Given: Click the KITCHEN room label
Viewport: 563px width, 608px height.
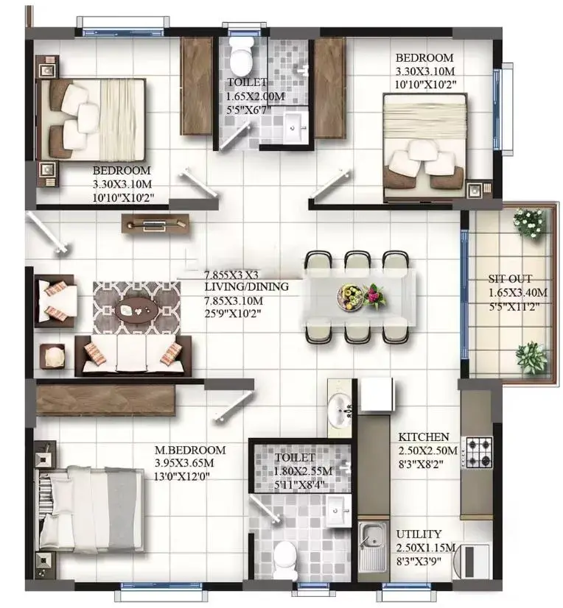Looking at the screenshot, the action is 424,437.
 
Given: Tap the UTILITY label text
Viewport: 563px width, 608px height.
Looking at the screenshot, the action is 419,534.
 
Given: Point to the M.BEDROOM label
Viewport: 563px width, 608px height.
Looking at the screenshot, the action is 190,450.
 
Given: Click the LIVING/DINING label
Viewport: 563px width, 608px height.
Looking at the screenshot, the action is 247,287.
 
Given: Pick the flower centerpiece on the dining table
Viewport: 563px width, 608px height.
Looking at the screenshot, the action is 362,296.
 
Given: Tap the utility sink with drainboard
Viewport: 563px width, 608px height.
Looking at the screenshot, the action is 372,548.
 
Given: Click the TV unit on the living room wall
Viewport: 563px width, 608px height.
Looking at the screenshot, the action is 155,224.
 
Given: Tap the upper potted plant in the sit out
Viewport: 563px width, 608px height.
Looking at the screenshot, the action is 528,223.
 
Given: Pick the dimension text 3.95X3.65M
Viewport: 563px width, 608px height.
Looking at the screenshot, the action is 184,463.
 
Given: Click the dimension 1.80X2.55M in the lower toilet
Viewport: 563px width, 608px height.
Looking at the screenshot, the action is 303,471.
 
